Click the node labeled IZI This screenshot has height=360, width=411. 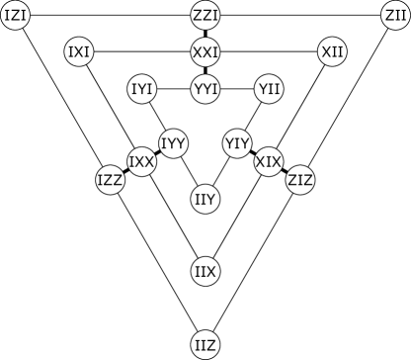pos(16,16)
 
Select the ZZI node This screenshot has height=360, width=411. pos(205,16)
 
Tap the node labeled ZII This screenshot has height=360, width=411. pos(395,16)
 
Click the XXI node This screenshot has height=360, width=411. pos(205,51)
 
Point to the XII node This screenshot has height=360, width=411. pos(332,51)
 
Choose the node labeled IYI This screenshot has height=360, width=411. pos(142,90)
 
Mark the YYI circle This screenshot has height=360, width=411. pos(205,90)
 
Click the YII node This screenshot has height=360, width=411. pos(269,90)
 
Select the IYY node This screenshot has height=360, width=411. pos(174,143)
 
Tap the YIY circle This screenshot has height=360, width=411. pos(237,143)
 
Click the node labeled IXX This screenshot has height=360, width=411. pos(142,161)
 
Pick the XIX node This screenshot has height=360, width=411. pos(269,161)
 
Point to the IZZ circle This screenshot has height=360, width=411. pos(111,180)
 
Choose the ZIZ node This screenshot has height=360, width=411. pos(300,180)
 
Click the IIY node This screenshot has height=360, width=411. pos(205,200)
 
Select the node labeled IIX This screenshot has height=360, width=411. pos(205,271)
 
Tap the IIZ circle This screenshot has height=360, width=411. pos(205,344)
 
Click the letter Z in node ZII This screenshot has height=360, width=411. pos(388,16)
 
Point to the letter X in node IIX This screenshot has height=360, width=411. pos(211,271)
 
